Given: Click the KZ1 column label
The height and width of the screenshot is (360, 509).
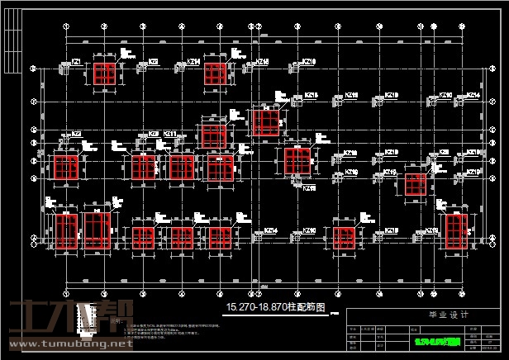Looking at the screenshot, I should tap(76, 62).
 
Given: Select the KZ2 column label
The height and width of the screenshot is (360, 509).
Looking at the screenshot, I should tap(76, 134).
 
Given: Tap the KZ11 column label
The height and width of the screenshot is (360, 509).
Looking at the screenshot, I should tap(169, 134).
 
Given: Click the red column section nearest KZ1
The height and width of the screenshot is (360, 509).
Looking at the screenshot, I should tap(104, 73).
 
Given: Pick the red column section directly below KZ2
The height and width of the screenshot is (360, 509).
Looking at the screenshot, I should tap(65, 168).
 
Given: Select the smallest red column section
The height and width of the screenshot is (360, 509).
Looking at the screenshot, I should tap(416, 184).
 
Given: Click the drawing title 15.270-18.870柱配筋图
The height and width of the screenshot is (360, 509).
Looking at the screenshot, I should tap(276, 307).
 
